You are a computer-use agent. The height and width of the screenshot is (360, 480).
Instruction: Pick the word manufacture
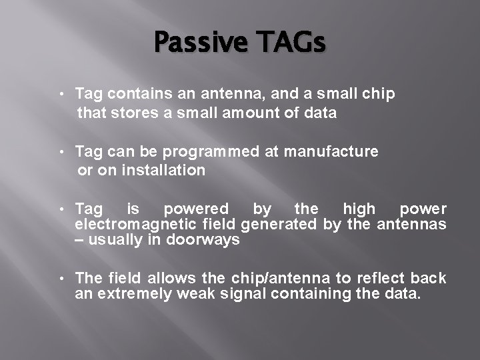point(331,151)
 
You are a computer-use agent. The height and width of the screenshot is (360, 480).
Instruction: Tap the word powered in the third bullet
point(196,209)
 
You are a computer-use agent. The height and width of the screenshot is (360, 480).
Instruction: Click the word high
point(359,209)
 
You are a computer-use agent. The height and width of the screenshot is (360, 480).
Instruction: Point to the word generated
point(279,225)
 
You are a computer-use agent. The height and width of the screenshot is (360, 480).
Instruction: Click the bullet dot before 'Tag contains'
point(62,94)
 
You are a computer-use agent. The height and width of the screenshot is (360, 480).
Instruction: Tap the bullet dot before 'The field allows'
point(62,278)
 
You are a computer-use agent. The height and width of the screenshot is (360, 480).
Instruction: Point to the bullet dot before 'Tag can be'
point(62,152)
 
